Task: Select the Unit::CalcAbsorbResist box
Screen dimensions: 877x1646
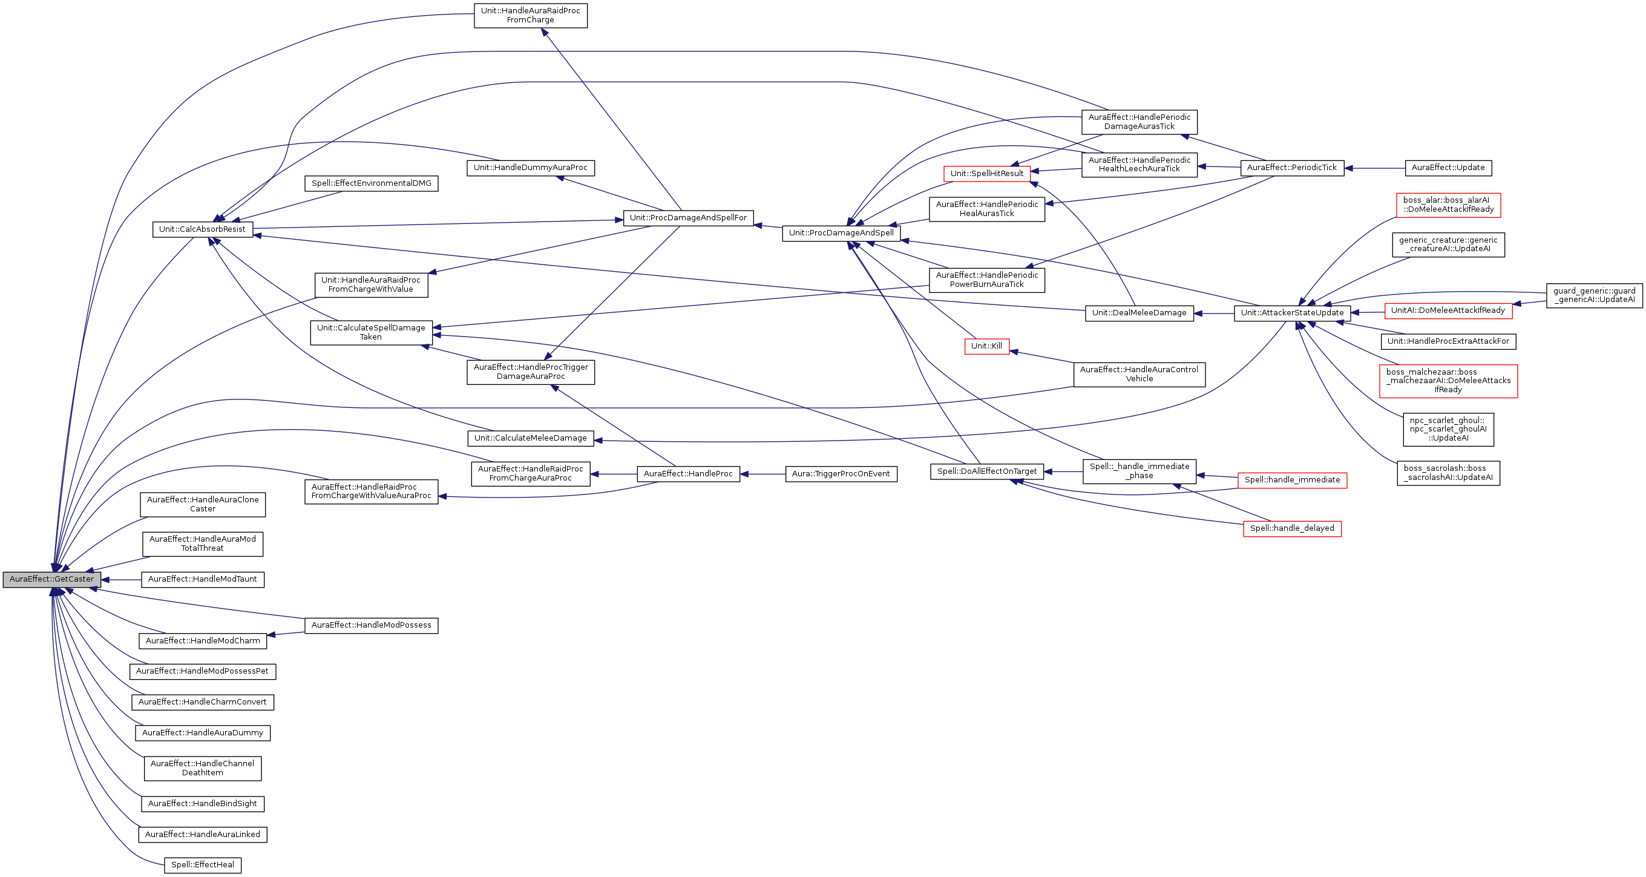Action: (x=203, y=229)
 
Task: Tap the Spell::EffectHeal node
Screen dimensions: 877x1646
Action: (x=203, y=865)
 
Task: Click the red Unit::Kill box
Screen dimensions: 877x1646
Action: (x=986, y=346)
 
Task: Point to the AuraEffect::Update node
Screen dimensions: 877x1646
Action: (x=1448, y=168)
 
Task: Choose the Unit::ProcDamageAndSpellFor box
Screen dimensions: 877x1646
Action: (x=688, y=218)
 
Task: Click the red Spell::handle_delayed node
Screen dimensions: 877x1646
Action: (x=1292, y=528)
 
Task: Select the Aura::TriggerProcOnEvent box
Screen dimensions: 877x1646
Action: (x=841, y=475)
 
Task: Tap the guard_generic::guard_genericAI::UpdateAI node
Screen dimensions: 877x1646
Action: (x=1594, y=295)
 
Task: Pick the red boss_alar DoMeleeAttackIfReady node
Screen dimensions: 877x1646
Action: (x=1448, y=205)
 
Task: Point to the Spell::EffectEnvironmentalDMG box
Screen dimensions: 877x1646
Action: (x=371, y=183)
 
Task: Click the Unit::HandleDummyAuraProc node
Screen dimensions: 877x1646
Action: (x=530, y=168)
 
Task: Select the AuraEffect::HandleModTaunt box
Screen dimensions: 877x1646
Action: (x=203, y=579)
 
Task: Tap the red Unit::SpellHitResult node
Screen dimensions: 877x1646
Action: (x=986, y=174)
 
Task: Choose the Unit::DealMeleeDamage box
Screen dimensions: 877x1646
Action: (x=1139, y=314)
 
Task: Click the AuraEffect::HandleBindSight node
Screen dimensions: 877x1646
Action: (x=203, y=804)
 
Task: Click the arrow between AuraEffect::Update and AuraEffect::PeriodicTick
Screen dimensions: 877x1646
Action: (x=1374, y=168)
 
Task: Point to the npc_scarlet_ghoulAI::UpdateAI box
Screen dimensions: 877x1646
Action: (x=1448, y=430)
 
